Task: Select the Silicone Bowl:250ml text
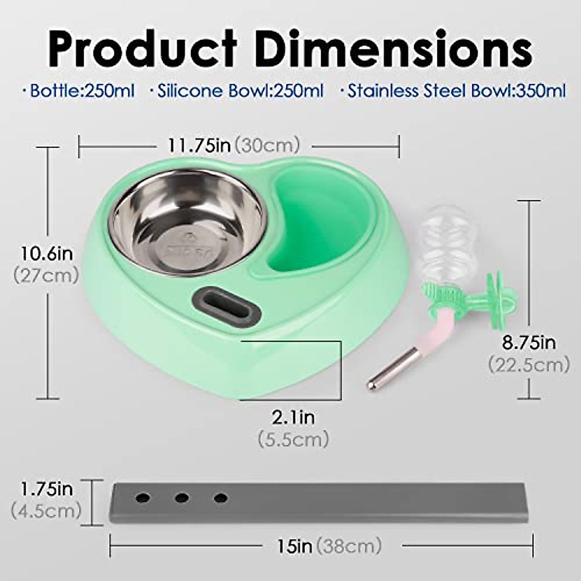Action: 237,91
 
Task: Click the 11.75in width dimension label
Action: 199,146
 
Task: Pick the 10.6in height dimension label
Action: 47,254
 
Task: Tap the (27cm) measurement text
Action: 46,276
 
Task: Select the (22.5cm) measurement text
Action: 529,365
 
